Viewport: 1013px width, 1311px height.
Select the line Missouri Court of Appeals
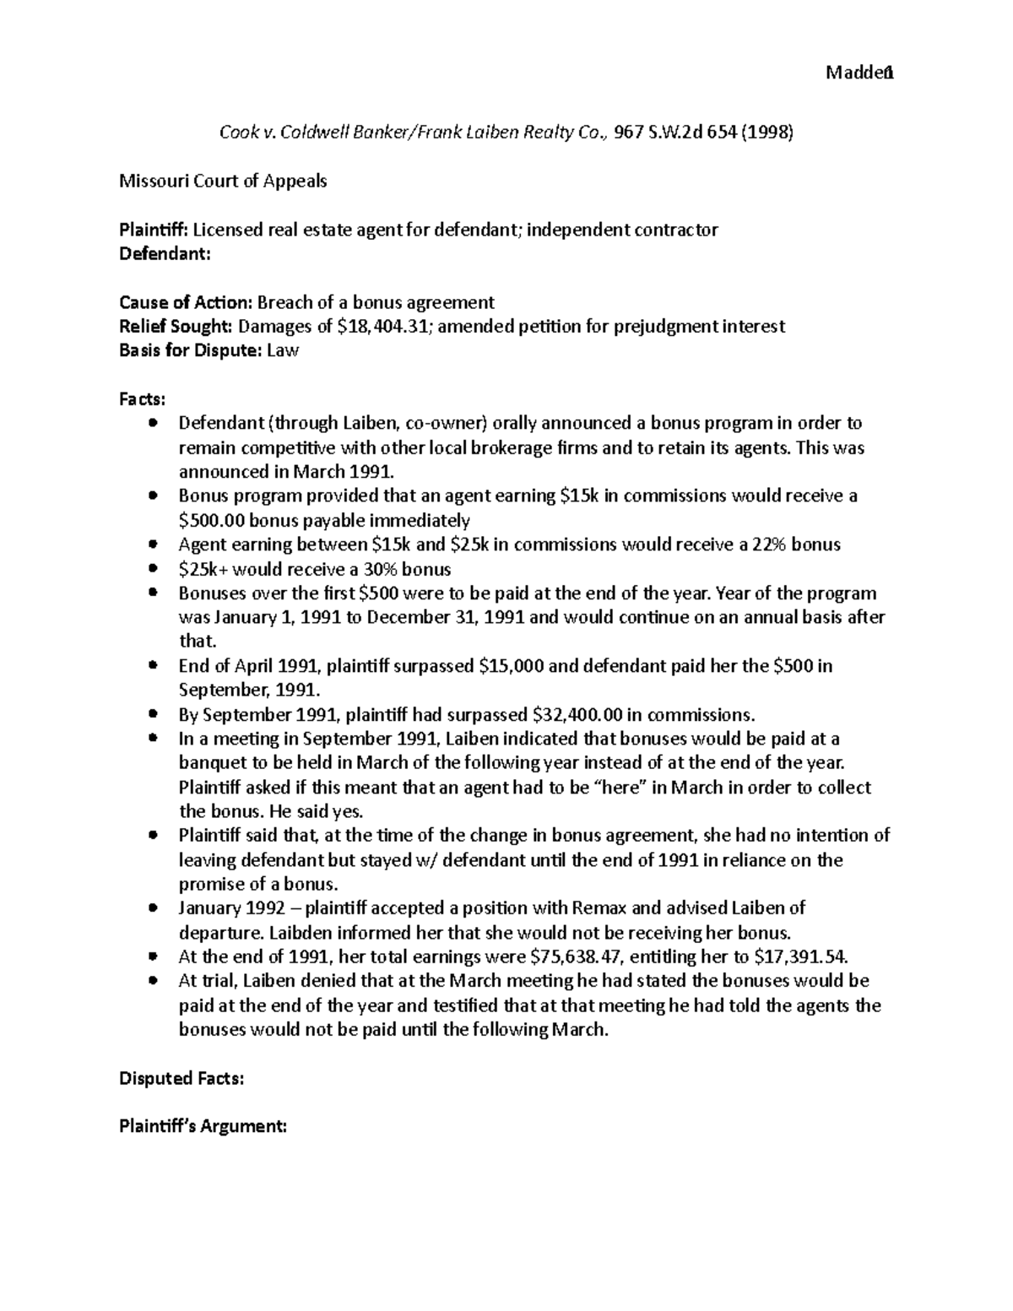(x=223, y=181)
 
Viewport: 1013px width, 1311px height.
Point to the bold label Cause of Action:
(x=185, y=302)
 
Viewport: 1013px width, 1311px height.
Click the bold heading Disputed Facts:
(x=181, y=1078)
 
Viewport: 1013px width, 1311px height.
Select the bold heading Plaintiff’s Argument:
(x=203, y=1126)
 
